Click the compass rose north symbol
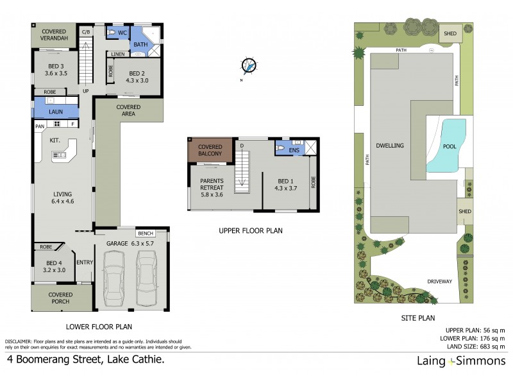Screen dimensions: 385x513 [x=249, y=65]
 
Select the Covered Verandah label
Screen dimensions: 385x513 [x=55, y=35]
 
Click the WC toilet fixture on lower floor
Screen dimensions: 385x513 [x=112, y=32]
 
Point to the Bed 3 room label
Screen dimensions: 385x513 [x=56, y=66]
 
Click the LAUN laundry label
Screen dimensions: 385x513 [x=56, y=112]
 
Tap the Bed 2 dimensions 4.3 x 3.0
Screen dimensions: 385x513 [x=138, y=81]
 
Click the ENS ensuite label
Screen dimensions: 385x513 [x=294, y=150]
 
